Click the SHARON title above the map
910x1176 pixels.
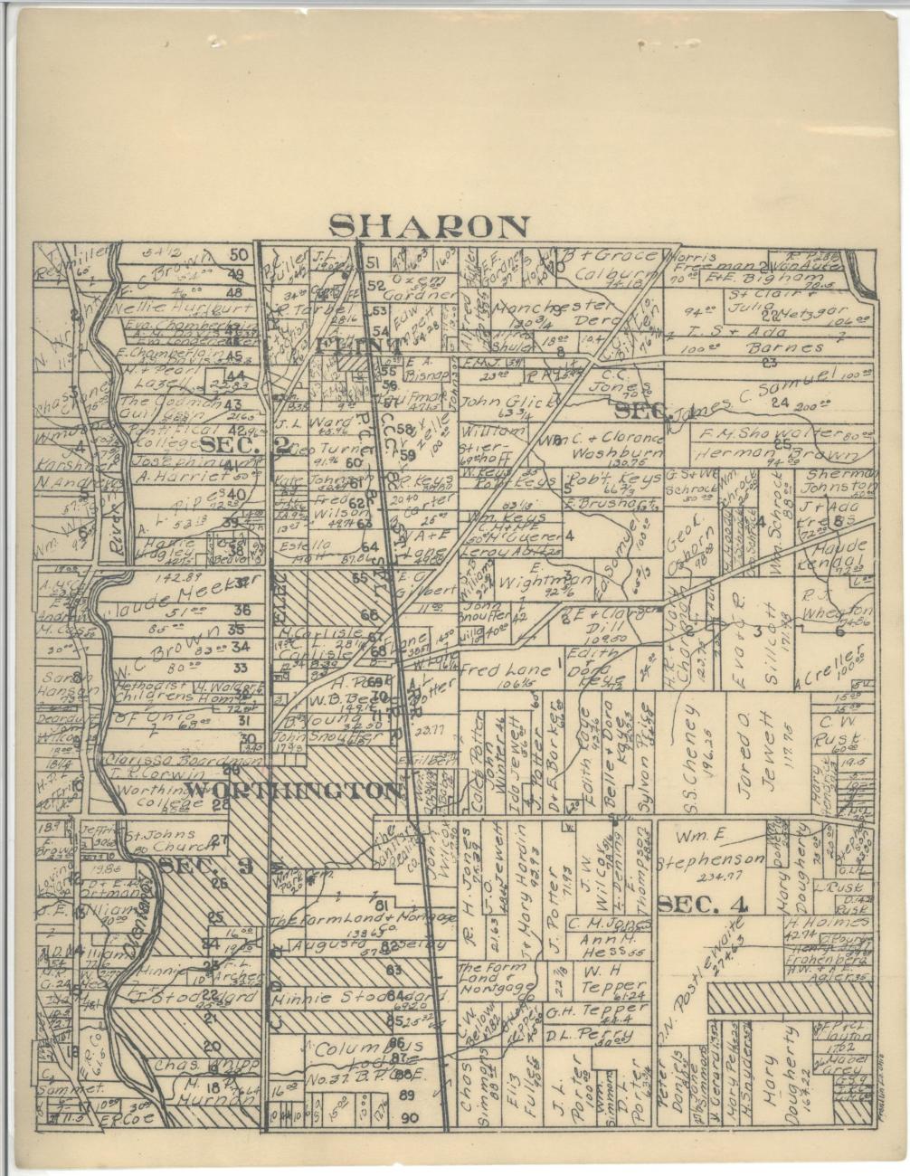429,226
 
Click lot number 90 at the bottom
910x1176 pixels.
409,1118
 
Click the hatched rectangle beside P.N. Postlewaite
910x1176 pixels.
790,998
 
